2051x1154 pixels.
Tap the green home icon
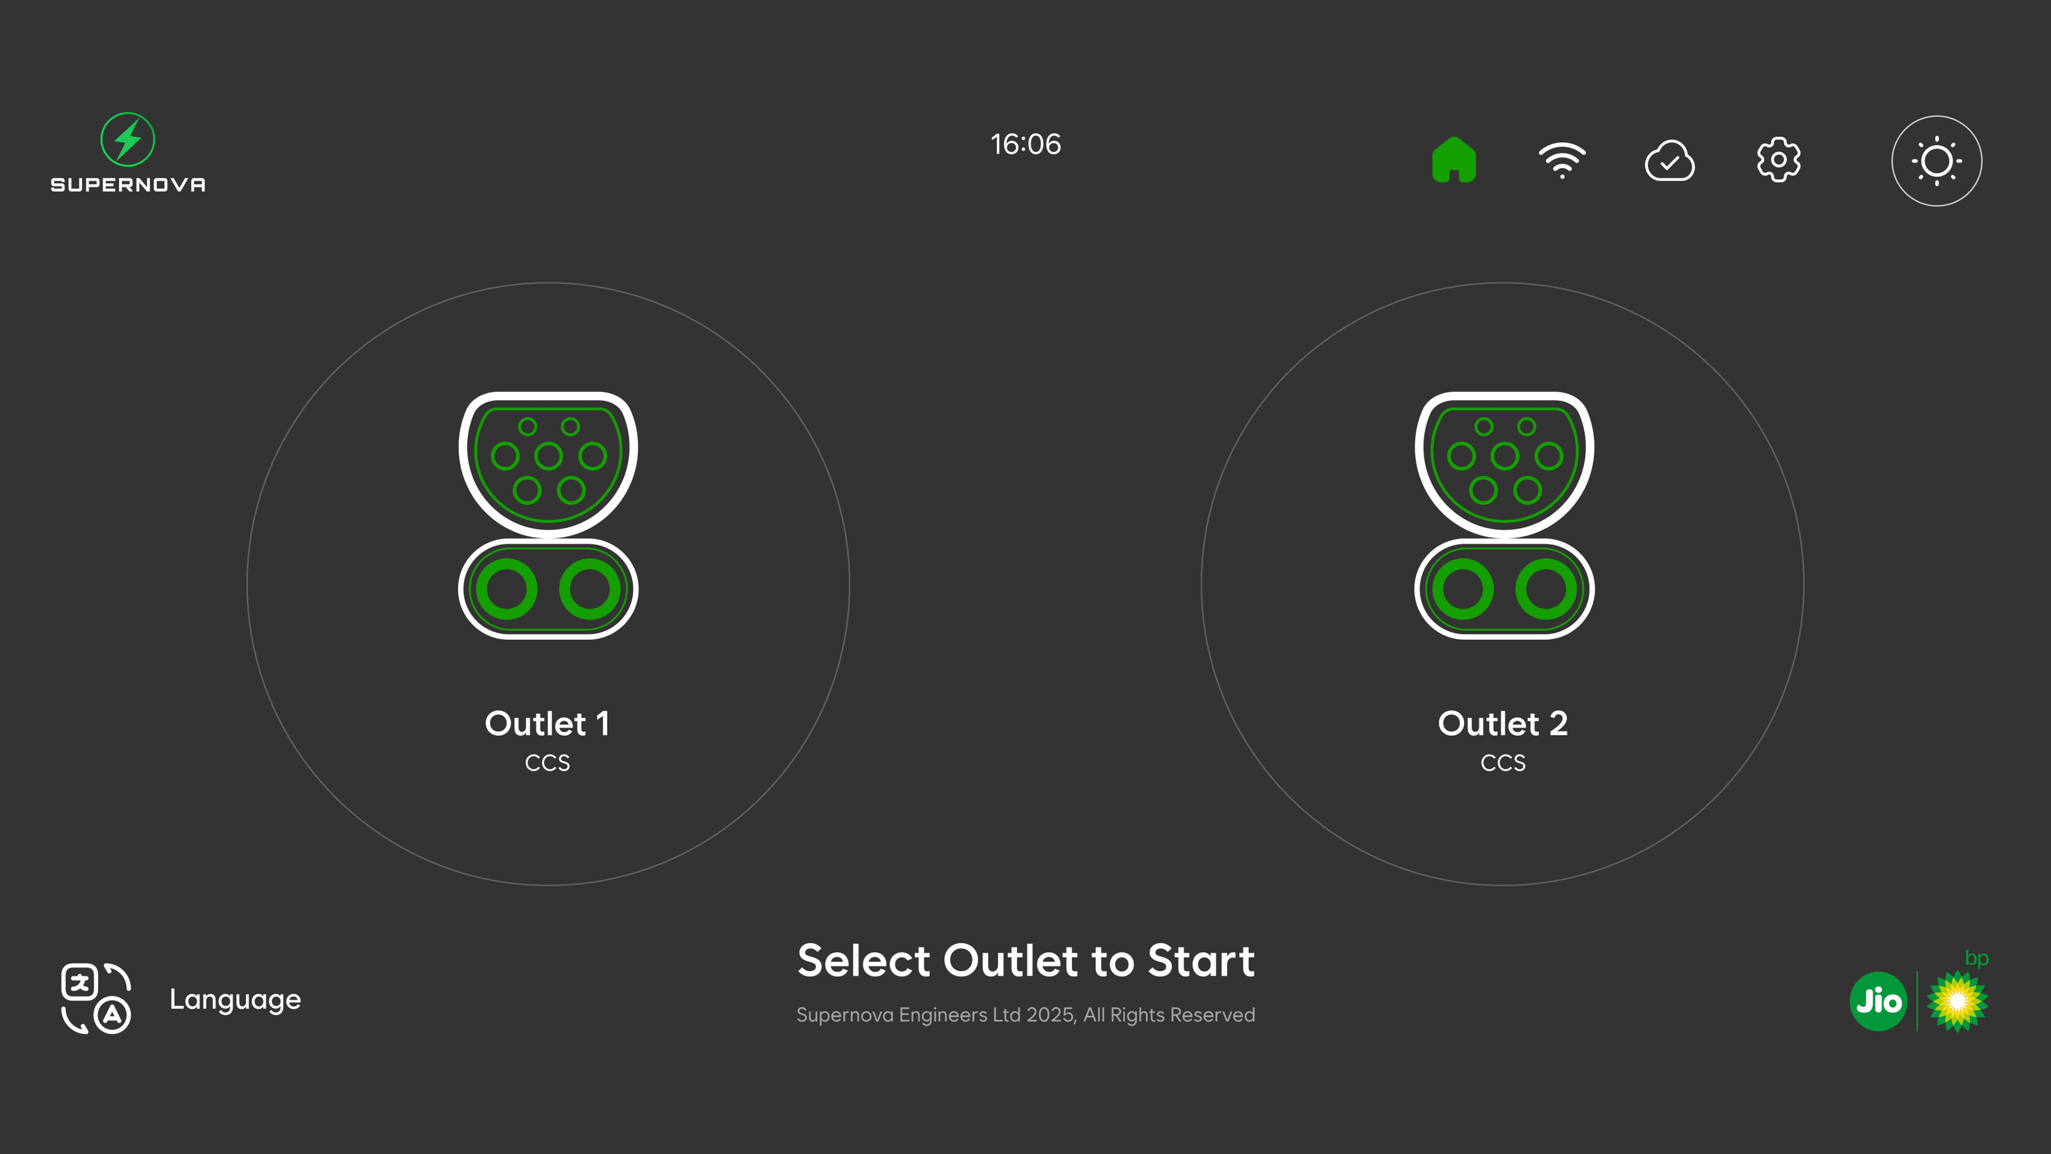[x=1454, y=160]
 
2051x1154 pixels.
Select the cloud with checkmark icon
[x=1670, y=161]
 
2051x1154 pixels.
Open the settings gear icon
[x=1779, y=160]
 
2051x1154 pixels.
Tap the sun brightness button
[x=1936, y=161]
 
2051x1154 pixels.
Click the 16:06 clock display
[x=1025, y=144]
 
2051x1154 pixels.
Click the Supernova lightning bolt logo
[x=127, y=139]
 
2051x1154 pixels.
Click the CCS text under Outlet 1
[x=548, y=763]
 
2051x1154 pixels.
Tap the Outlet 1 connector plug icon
[x=548, y=515]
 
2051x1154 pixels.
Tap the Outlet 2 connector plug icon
[x=1504, y=515]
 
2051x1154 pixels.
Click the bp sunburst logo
[x=1957, y=1001]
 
